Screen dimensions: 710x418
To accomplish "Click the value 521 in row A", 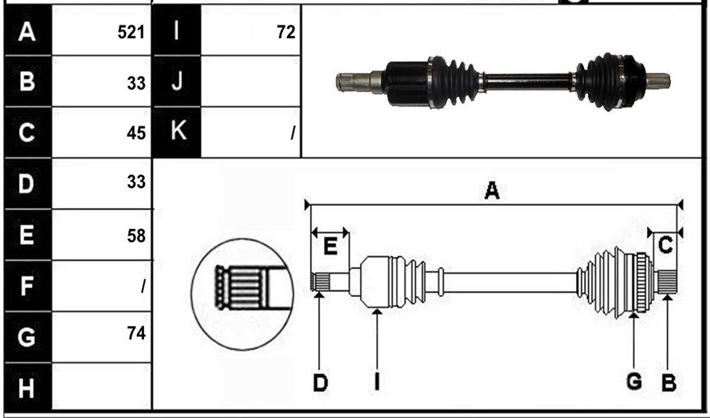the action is click(x=131, y=32).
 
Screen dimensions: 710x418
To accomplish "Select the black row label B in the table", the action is click(x=28, y=82).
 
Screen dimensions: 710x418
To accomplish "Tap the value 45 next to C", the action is click(x=136, y=133).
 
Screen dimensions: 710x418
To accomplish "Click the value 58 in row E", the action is click(x=136, y=236).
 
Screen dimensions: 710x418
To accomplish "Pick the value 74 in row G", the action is click(x=136, y=333).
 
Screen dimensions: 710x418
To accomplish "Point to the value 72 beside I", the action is click(x=286, y=32).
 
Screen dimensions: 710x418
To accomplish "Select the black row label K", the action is click(x=177, y=131).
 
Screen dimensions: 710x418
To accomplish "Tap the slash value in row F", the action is click(x=143, y=286).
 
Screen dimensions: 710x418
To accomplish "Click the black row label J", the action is click(x=177, y=82).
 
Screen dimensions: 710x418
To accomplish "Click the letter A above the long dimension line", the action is click(x=492, y=191).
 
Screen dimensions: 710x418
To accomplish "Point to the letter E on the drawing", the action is click(x=330, y=247).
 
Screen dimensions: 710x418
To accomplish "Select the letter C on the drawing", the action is click(x=665, y=246).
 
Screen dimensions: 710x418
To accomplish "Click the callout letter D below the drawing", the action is click(x=320, y=383).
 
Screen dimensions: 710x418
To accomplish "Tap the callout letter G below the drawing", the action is click(x=634, y=381).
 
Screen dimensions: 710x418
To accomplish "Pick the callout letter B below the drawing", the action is click(x=669, y=383).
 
